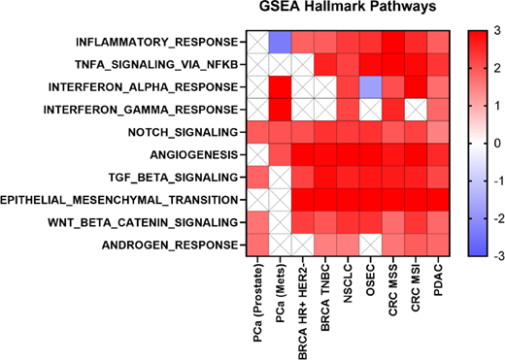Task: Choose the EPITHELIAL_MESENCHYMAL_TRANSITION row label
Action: coord(120,199)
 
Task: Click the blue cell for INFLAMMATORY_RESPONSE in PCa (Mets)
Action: coord(282,43)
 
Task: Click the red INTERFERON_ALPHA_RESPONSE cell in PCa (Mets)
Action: coord(282,87)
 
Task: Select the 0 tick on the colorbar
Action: coord(494,144)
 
